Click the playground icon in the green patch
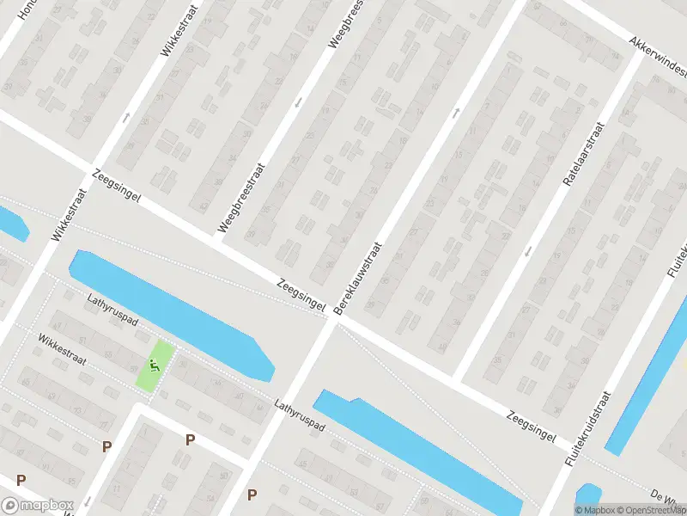[x=155, y=365]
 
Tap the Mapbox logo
[x=38, y=505]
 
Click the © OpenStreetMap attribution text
[x=643, y=510]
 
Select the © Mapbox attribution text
[x=594, y=510]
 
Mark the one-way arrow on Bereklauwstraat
[x=457, y=111]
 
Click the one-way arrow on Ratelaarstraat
[x=527, y=251]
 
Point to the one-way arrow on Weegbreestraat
[x=298, y=102]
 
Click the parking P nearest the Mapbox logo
[x=21, y=480]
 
